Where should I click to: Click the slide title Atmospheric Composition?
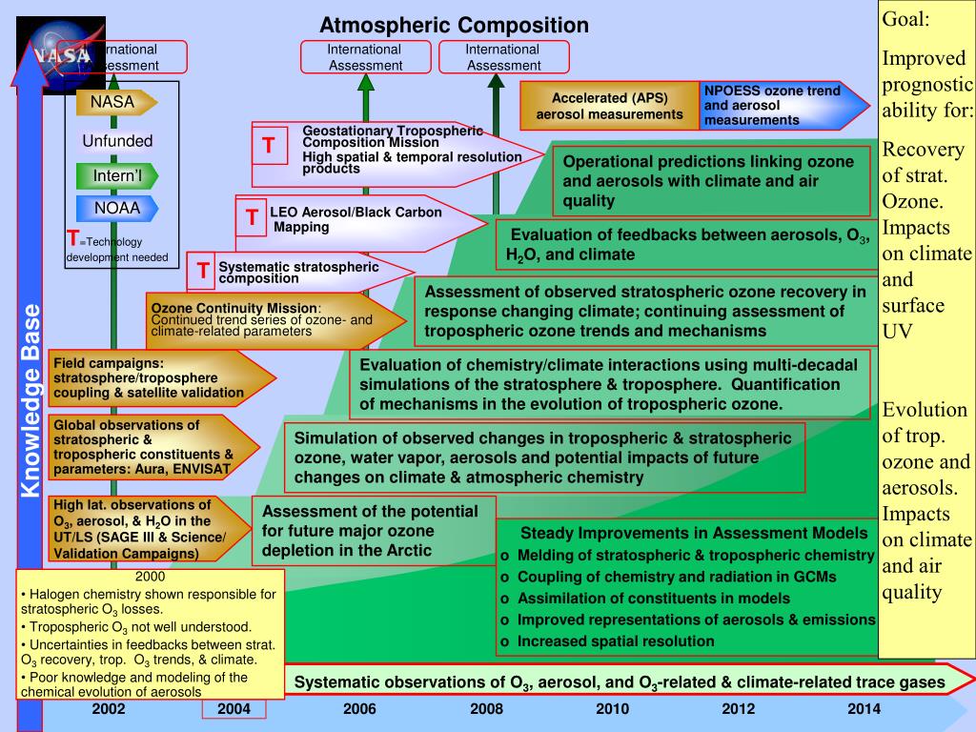[x=454, y=25]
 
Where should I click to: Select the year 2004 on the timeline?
[x=234, y=708]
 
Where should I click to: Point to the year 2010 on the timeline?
[x=612, y=708]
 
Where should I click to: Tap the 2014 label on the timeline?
[x=864, y=708]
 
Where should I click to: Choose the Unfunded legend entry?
[x=117, y=141]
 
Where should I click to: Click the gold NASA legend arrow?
[x=115, y=102]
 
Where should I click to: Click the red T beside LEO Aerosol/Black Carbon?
[x=252, y=217]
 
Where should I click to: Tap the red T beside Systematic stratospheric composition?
[x=203, y=271]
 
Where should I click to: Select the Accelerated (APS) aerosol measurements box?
[x=610, y=106]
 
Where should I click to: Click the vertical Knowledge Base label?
[x=31, y=400]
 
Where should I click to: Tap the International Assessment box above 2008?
[x=502, y=57]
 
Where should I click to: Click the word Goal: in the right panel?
[x=905, y=20]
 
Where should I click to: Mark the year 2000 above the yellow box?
[x=150, y=577]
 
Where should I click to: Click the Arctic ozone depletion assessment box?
[x=374, y=531]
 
